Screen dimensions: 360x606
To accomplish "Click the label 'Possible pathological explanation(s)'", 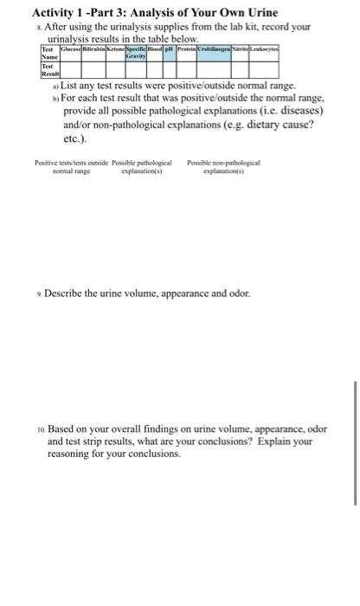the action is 142,167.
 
